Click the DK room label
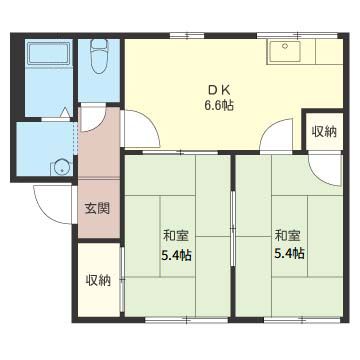click(219, 90)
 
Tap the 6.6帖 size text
click(219, 106)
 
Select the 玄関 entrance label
click(97, 209)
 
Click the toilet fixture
click(99, 56)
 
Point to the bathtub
click(49, 53)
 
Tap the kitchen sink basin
click(285, 52)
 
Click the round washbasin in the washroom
click(62, 167)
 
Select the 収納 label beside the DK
click(324, 132)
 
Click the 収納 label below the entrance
click(98, 280)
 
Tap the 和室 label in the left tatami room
click(176, 236)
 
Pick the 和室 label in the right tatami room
click(288, 236)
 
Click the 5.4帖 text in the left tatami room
click(176, 255)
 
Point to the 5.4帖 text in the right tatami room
click(289, 254)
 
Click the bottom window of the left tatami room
click(187, 320)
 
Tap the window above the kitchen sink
click(298, 35)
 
